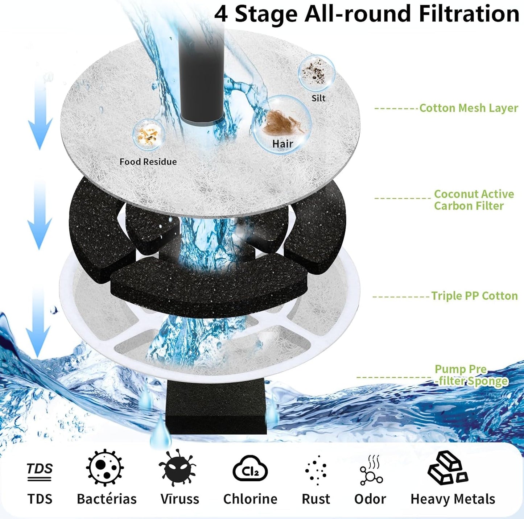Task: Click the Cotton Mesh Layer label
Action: tap(468, 108)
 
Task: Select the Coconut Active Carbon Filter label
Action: tap(474, 200)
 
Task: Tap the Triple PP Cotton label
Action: tap(474, 296)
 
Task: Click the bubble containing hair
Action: tap(282, 123)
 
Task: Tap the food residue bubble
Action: tap(149, 134)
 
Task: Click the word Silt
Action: tap(318, 98)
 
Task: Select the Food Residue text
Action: tap(148, 162)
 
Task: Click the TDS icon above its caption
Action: tap(40, 471)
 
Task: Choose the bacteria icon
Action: tap(105, 468)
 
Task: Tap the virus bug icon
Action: tap(177, 468)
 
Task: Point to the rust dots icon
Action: tap(316, 470)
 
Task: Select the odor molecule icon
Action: tap(371, 470)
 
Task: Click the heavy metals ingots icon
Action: tap(447, 468)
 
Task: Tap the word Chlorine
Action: tap(250, 499)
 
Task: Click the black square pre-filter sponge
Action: tap(216, 408)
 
